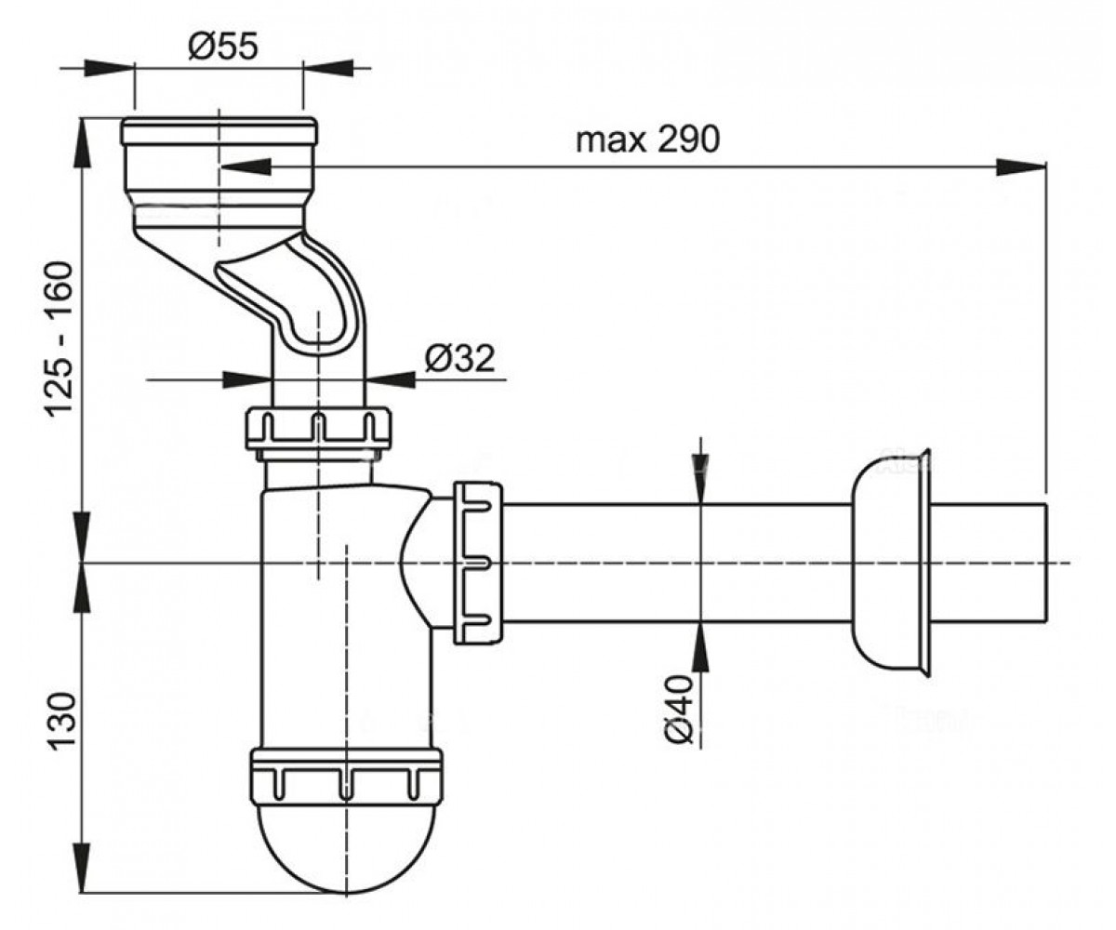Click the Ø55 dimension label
tap(223, 46)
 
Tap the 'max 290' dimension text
tap(648, 140)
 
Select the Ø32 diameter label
tap(459, 358)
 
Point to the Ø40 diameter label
tap(679, 710)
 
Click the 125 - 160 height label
tap(59, 339)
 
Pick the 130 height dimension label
tap(60, 722)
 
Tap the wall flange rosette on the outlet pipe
tap(891, 564)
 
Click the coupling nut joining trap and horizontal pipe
tap(477, 563)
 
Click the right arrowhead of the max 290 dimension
tap(1021, 166)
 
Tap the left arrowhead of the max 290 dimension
tap(245, 166)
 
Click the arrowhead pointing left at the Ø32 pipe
tap(391, 380)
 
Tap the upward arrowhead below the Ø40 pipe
tap(700, 647)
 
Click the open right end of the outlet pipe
tap(1045, 563)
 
